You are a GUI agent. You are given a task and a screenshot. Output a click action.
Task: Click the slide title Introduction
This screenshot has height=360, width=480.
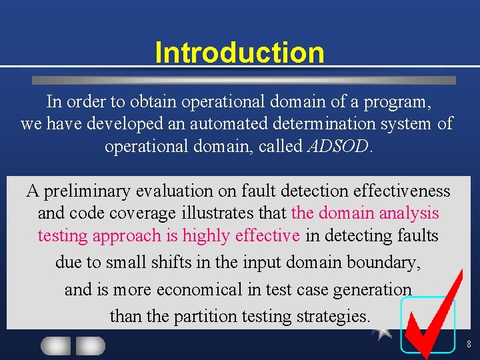tap(239, 53)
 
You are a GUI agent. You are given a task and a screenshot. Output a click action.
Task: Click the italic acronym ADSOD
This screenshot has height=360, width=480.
tap(338, 146)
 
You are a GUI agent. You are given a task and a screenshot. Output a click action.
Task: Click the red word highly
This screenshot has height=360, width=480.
tap(207, 235)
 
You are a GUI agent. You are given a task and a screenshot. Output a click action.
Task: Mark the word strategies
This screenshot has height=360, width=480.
tap(337, 315)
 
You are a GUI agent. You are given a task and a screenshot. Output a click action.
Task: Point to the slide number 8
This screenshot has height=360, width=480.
tap(469, 345)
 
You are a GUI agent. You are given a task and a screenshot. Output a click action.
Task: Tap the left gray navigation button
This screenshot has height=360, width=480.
tap(56, 346)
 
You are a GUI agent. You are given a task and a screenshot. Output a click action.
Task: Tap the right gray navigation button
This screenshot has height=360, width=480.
tap(90, 346)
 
